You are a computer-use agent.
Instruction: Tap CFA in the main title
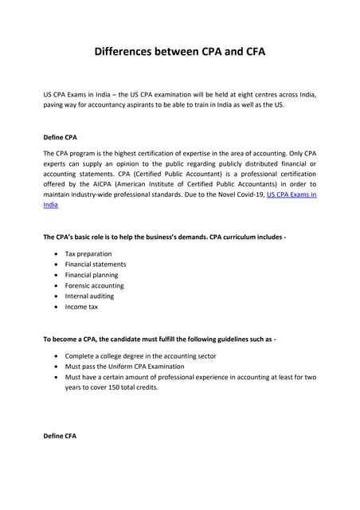click(249, 53)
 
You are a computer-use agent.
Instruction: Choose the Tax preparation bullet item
click(88, 253)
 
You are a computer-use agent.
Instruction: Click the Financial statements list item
click(96, 264)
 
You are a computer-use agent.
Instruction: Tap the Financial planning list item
click(92, 275)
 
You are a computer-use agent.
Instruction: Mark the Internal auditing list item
click(89, 296)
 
